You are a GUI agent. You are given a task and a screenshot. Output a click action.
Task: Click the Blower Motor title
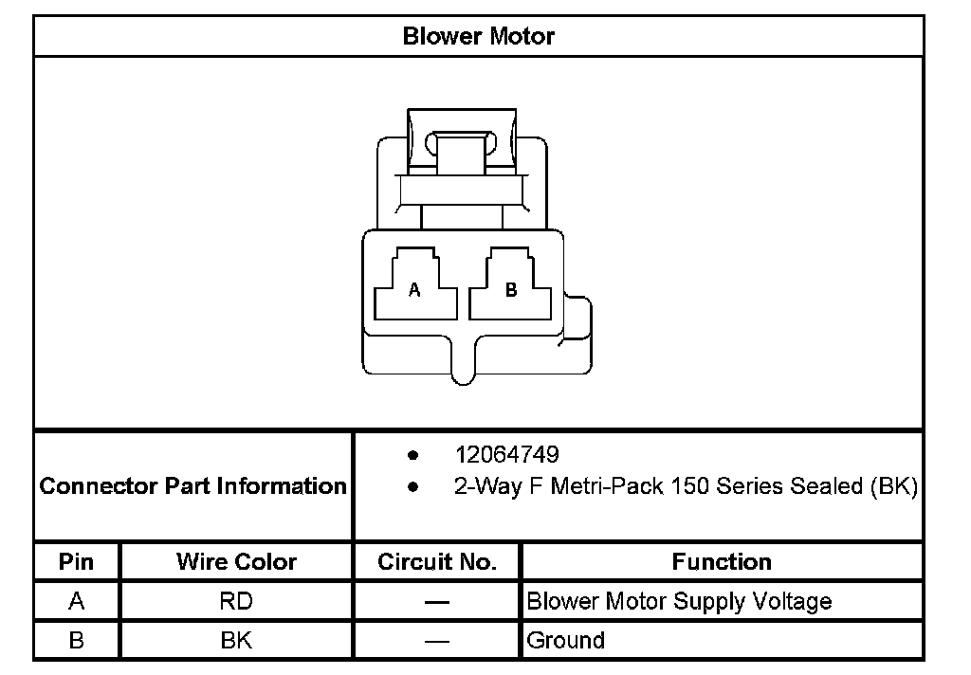tap(478, 36)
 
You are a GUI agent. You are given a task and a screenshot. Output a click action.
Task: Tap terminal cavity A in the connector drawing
tap(415, 290)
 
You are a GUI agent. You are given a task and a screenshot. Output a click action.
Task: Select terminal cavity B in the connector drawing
tap(511, 290)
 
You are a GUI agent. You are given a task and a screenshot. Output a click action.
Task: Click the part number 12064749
tap(506, 455)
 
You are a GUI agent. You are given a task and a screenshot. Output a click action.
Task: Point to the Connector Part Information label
tap(193, 486)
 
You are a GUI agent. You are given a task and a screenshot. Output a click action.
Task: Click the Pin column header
tap(77, 561)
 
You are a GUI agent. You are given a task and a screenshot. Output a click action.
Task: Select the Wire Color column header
tap(236, 561)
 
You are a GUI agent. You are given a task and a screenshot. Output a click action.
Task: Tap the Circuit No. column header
tap(437, 561)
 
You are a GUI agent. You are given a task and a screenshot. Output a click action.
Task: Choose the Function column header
tap(722, 561)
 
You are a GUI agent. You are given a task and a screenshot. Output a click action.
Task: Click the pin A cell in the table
tap(77, 601)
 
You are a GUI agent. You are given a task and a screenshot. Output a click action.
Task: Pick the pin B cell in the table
tap(77, 640)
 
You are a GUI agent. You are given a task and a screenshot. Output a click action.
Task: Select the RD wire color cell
tap(236, 601)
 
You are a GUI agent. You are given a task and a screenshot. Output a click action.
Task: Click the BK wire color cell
tap(236, 640)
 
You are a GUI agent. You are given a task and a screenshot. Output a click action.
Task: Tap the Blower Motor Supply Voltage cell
tap(679, 601)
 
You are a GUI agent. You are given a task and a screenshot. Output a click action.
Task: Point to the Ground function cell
tap(565, 640)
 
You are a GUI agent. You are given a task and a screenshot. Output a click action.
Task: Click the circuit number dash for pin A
tap(437, 602)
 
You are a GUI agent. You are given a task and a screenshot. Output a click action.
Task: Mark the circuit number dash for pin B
tap(437, 641)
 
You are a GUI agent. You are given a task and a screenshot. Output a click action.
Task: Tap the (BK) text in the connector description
tap(893, 487)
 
